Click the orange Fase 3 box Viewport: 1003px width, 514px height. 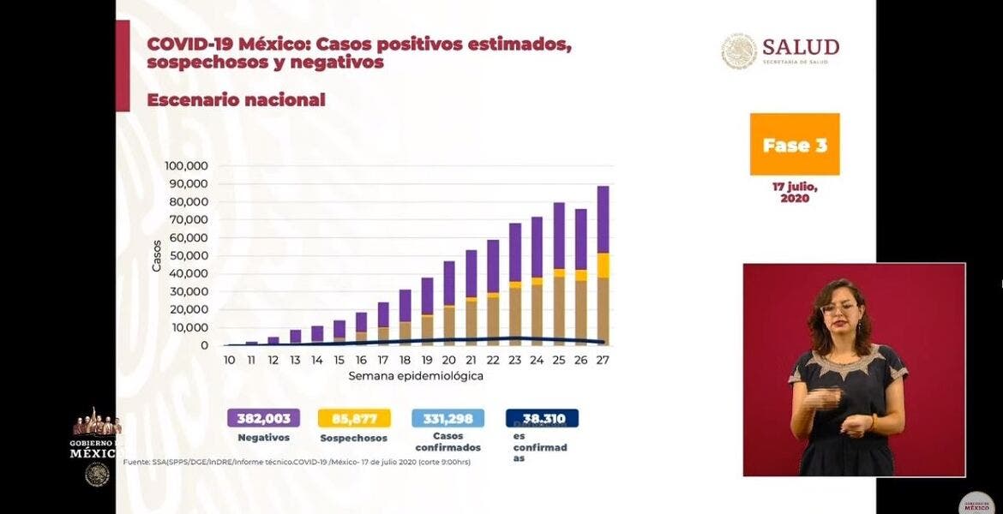tap(795, 144)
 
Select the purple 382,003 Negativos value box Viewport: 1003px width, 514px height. tap(263, 418)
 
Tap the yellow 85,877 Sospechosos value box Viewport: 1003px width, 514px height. tap(354, 418)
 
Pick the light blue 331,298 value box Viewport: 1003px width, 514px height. tap(447, 418)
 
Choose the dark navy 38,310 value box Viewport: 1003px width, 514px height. tap(542, 418)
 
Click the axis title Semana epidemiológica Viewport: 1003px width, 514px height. tap(416, 376)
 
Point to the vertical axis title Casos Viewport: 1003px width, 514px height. tap(157, 255)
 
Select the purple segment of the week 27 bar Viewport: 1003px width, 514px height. tap(604, 218)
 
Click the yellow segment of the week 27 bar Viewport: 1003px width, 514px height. tap(604, 265)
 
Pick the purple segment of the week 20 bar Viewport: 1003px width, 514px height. tap(448, 283)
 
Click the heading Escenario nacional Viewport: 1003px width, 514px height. tap(236, 99)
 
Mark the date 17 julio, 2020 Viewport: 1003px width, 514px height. tap(795, 192)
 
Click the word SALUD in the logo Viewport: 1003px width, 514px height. tap(801, 46)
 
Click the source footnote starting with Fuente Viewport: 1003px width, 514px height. tap(297, 463)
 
